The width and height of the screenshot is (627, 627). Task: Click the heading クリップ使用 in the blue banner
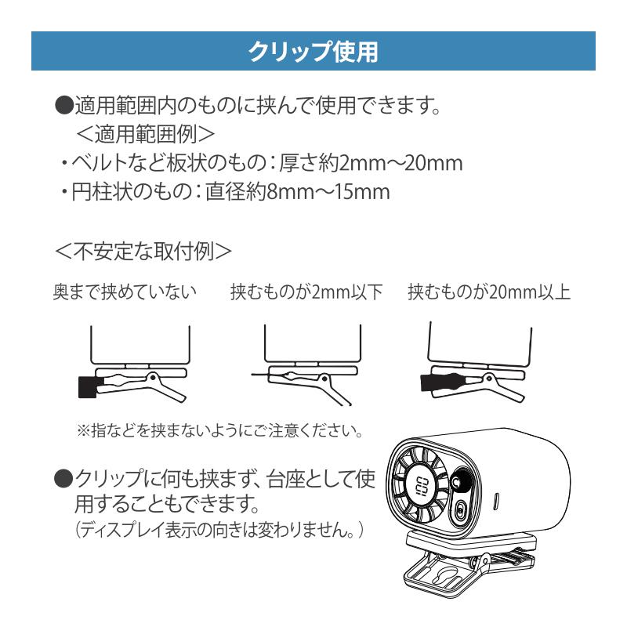(313, 51)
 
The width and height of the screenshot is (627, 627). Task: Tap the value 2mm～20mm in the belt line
(400, 163)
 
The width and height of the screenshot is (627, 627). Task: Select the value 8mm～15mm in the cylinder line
(328, 191)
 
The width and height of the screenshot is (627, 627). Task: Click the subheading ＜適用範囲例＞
(145, 134)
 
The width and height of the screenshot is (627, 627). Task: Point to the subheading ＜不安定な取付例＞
(143, 251)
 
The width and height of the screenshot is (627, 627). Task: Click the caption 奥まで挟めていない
(125, 292)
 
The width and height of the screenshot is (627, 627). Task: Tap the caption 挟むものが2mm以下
(306, 292)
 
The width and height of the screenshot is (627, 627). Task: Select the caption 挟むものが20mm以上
(489, 292)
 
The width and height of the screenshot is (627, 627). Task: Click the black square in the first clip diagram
(87, 386)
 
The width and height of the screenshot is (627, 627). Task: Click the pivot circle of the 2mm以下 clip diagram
(324, 379)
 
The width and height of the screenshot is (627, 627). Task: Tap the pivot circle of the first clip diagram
(152, 376)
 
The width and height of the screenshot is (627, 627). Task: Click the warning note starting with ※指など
(220, 430)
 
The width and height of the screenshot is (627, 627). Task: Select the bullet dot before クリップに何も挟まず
(63, 478)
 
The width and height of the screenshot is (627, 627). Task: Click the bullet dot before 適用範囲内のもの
(63, 105)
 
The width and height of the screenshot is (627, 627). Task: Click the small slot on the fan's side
(497, 501)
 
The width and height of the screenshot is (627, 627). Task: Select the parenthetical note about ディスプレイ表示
(219, 531)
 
